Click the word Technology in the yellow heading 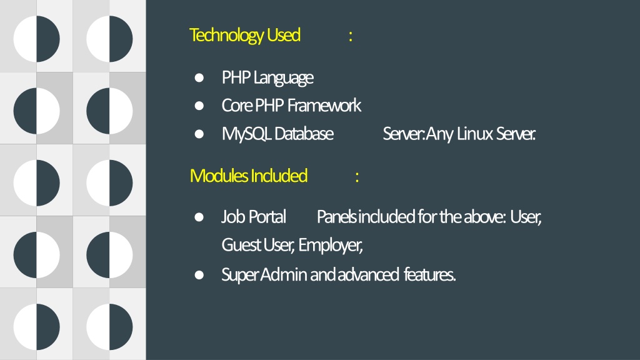(x=226, y=36)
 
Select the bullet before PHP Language (x=199, y=77)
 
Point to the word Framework (x=324, y=105)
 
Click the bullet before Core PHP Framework (x=199, y=106)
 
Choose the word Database (x=304, y=134)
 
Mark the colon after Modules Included (x=357, y=177)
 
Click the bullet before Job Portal (x=199, y=217)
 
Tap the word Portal (x=267, y=217)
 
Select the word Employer (x=330, y=245)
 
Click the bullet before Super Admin (x=199, y=275)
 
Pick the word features (x=429, y=274)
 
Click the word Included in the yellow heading (x=279, y=176)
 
